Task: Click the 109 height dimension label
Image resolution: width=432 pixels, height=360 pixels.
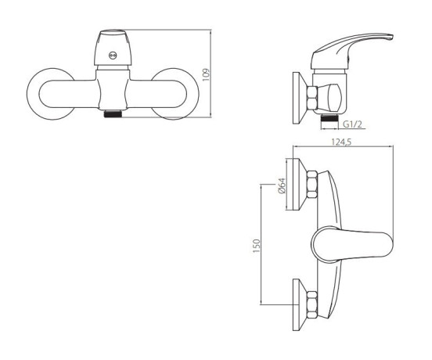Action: coord(206,75)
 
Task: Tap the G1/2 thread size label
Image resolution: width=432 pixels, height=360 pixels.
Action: coord(352,124)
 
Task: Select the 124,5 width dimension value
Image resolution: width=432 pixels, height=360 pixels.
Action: coord(341,142)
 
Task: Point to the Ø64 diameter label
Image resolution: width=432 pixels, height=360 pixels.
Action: coord(282,186)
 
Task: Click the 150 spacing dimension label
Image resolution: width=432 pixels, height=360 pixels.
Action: coord(256,246)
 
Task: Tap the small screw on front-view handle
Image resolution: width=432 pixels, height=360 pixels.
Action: coord(113,56)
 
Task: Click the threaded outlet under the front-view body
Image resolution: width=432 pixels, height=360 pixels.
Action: coord(113,113)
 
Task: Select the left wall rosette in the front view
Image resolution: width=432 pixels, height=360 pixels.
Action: coord(50,94)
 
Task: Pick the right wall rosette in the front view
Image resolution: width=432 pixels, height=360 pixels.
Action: coord(175,94)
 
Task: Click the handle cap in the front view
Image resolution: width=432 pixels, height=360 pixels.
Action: coord(113,48)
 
